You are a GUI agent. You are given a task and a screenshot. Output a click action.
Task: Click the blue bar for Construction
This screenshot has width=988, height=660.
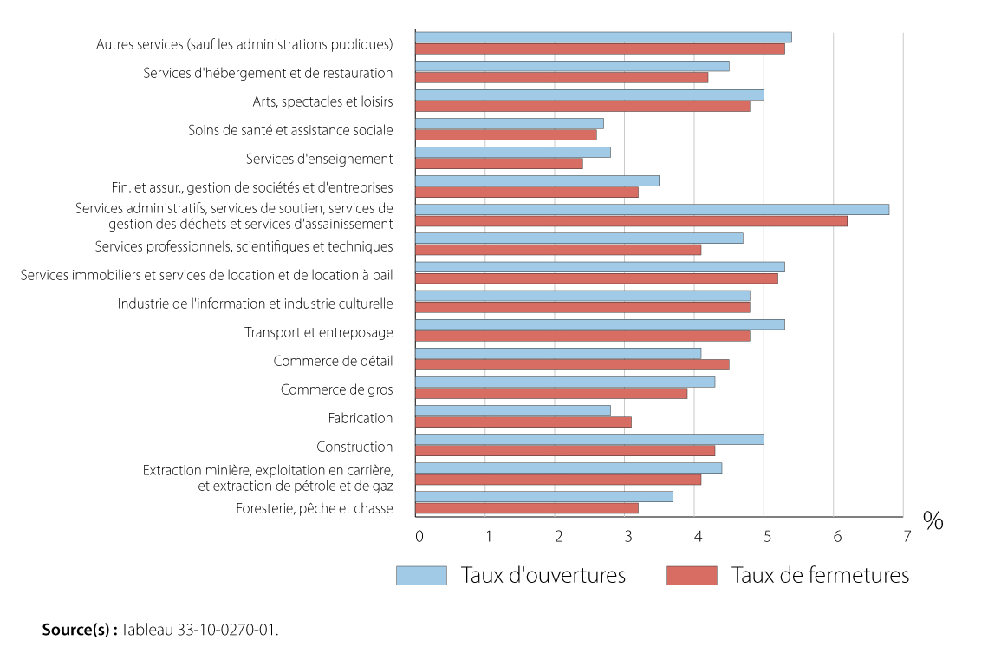pyautogui.click(x=589, y=439)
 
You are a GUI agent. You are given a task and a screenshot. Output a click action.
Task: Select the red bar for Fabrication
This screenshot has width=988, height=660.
pyautogui.click(x=523, y=421)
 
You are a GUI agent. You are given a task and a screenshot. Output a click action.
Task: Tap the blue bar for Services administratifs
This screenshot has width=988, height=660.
pyautogui.click(x=652, y=209)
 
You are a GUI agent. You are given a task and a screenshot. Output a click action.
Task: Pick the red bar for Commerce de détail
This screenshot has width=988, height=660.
pyautogui.click(x=572, y=364)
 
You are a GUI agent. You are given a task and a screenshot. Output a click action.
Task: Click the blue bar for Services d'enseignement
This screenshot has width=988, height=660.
pyautogui.click(x=512, y=152)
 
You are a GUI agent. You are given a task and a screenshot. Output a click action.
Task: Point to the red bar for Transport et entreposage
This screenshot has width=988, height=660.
pyautogui.click(x=582, y=336)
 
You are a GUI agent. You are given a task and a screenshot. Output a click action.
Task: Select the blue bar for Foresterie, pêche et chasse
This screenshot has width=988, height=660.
pyautogui.click(x=543, y=496)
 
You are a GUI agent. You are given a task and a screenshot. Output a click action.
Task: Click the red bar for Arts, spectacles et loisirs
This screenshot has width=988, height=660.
pyautogui.click(x=582, y=106)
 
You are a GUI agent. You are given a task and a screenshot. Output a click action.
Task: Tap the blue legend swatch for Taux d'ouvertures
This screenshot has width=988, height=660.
pyautogui.click(x=421, y=576)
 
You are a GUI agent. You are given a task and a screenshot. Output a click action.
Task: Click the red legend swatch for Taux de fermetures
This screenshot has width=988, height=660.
pyautogui.click(x=692, y=576)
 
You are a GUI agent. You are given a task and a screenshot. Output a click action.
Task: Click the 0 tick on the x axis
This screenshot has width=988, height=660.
pyautogui.click(x=419, y=537)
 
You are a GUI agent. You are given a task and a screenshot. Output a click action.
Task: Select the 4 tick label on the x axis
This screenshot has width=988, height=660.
pyautogui.click(x=698, y=537)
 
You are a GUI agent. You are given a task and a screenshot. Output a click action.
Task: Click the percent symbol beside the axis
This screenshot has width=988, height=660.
pyautogui.click(x=933, y=521)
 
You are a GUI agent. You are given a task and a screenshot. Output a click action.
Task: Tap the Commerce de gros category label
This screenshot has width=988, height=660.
pyautogui.click(x=336, y=389)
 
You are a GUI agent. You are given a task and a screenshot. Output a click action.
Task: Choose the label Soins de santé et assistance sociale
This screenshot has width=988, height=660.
pyautogui.click(x=290, y=130)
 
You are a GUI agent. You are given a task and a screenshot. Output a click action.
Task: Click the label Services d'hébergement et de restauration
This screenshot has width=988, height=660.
pyautogui.click(x=268, y=73)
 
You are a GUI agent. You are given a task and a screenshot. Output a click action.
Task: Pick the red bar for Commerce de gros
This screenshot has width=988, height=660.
pyautogui.click(x=551, y=393)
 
